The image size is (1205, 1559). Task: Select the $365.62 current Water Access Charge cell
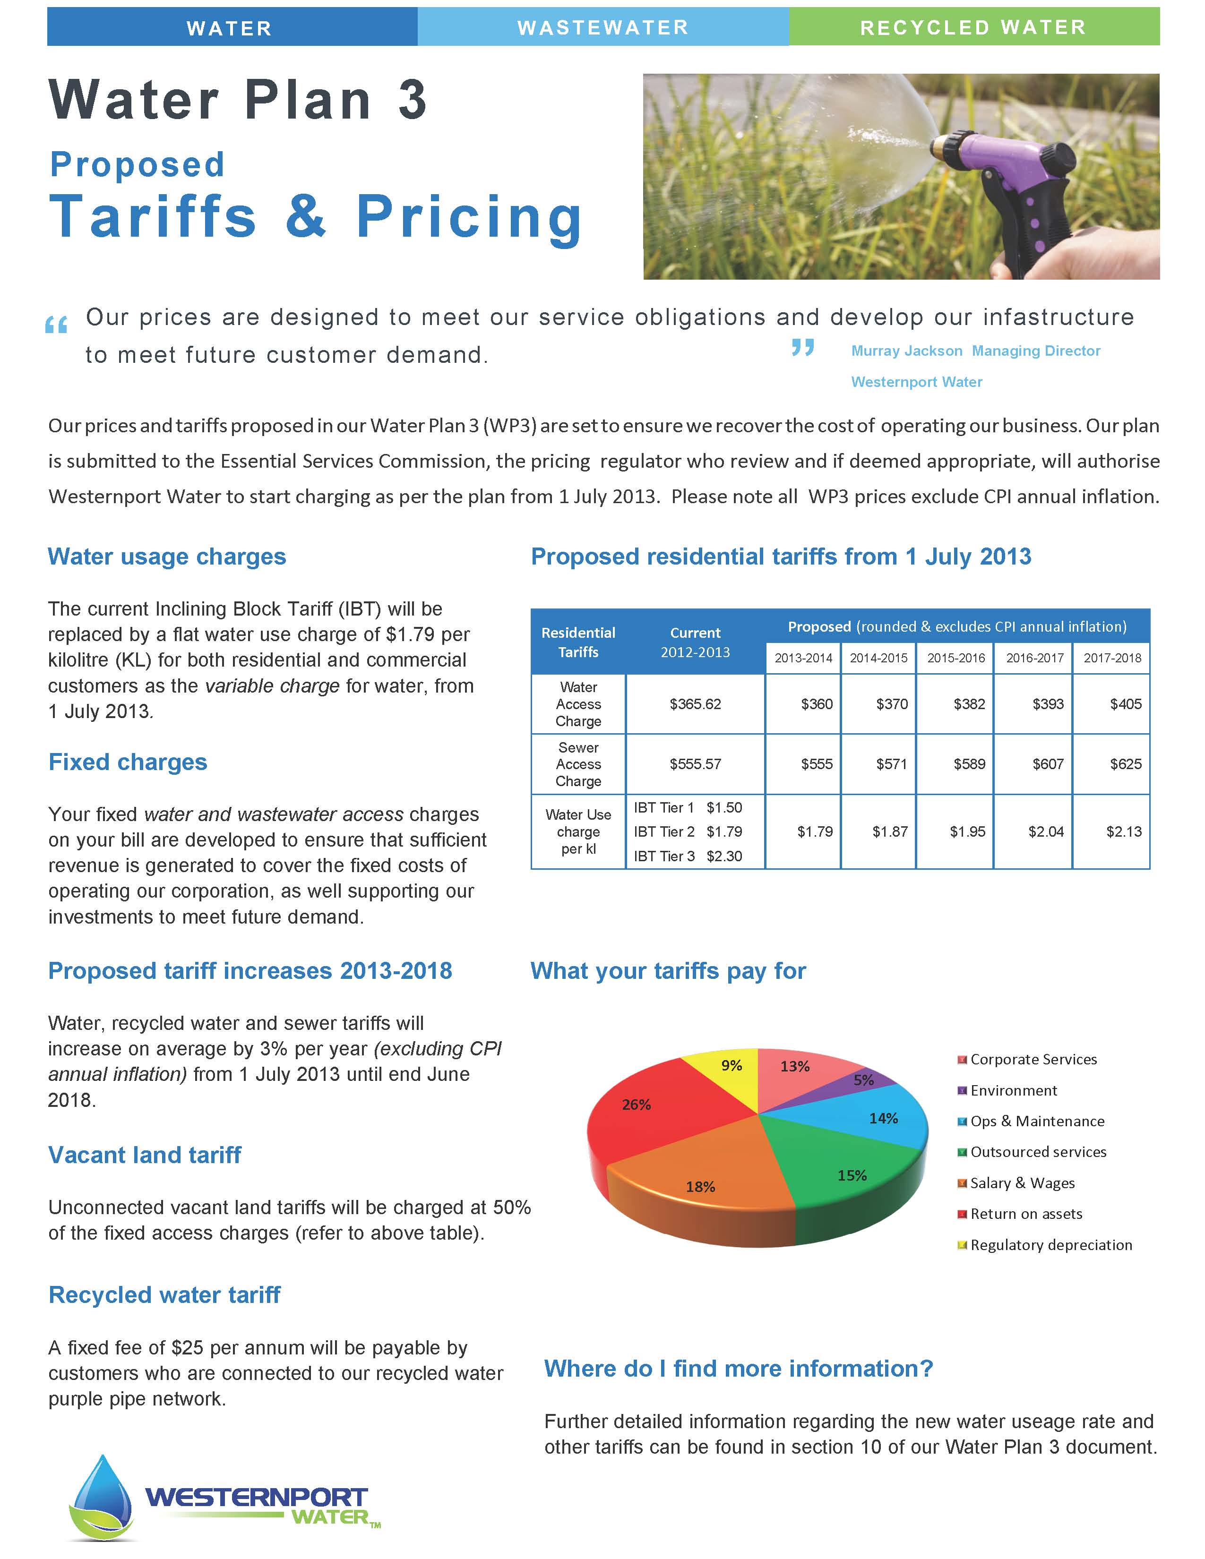pos(695,704)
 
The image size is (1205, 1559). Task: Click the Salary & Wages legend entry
pos(1022,1183)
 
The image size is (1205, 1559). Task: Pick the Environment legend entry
pos(1013,1090)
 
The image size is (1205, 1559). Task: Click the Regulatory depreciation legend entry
pos(1050,1245)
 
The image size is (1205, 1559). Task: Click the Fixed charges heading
pos(127,762)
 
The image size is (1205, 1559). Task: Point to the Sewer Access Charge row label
pos(578,764)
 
